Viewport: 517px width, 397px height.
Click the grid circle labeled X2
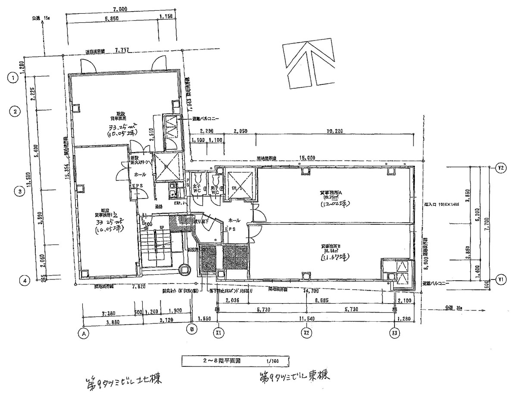[x=307, y=333]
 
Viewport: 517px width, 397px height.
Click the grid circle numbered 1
[x=15, y=78]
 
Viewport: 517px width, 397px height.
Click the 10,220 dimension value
[x=334, y=130]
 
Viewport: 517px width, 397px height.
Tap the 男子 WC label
[x=213, y=189]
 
